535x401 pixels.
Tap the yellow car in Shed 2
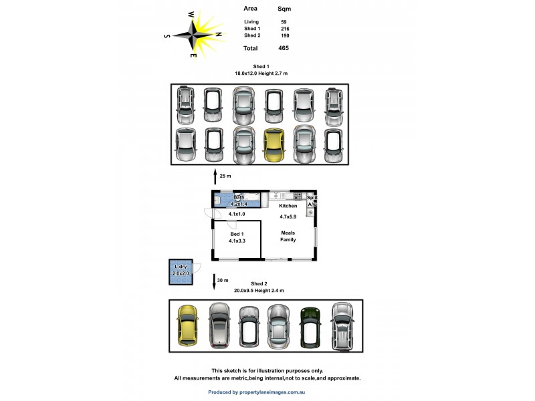[188, 325]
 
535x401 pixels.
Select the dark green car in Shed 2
[310, 326]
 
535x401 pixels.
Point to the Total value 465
[284, 48]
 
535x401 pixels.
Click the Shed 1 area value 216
[284, 29]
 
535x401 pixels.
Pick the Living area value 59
[284, 22]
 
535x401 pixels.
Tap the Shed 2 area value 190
[284, 35]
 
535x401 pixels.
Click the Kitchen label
[288, 206]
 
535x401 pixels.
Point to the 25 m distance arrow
[215, 176]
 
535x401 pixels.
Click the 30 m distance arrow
[215, 281]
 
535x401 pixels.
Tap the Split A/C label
[312, 200]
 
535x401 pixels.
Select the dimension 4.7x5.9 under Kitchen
[288, 216]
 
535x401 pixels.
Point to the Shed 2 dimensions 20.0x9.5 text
[259, 290]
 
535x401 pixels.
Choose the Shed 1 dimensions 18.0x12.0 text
[261, 73]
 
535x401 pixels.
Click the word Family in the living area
[288, 239]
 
